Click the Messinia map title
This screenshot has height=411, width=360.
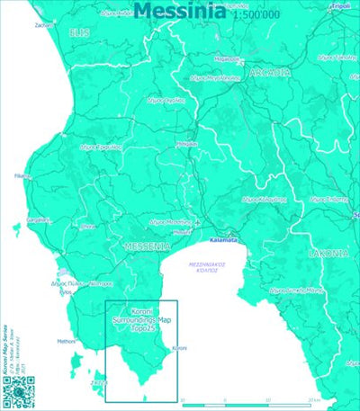click(180, 10)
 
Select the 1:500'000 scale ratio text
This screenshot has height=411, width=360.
click(256, 15)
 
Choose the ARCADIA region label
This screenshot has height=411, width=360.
click(268, 73)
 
